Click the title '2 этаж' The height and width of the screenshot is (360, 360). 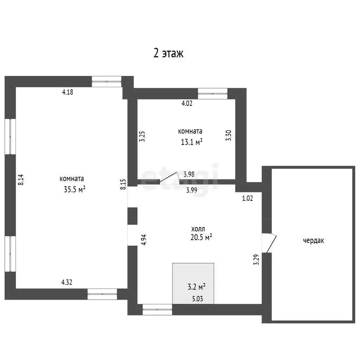coord(168,53)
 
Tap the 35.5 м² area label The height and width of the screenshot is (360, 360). coord(75,189)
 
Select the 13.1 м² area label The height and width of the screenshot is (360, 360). coord(192,142)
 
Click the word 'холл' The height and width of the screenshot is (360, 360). coord(198,229)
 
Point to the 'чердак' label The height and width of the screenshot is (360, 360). coord(313,240)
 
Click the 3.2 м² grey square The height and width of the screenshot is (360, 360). coord(193,284)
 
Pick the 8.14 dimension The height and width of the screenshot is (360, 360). coord(21,180)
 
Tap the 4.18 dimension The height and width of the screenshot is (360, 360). coord(67,92)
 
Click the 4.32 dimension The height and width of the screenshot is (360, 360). coord(66,282)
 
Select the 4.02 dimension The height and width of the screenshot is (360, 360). coord(187,103)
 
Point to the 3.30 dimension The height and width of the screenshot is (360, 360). coord(229,135)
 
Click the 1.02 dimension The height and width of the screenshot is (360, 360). coord(247,198)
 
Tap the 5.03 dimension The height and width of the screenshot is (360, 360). coord(198,299)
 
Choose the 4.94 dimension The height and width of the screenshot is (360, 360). coord(144,240)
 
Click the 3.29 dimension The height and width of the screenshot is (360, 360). coord(256,259)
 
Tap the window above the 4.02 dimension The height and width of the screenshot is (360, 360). coord(213,94)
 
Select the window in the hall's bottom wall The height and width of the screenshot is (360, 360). coord(157,309)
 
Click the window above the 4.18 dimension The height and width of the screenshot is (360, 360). coord(107,82)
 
